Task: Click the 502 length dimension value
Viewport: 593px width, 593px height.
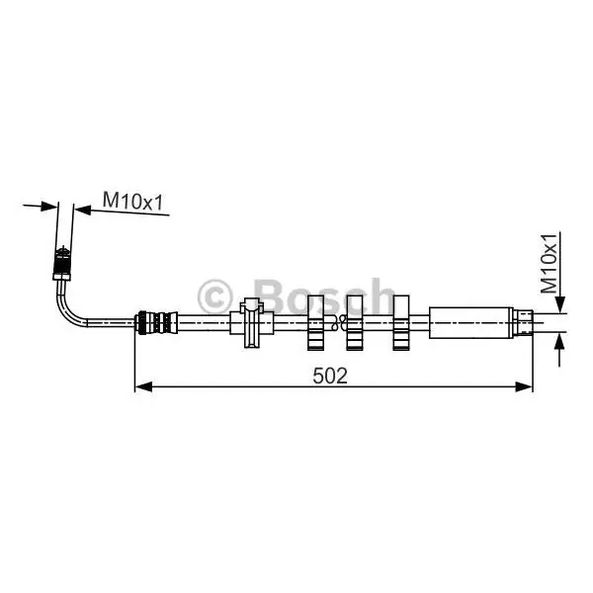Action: [330, 376]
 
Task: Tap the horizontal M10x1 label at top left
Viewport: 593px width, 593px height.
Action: [132, 201]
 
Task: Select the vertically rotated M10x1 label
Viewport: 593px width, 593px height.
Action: [549, 264]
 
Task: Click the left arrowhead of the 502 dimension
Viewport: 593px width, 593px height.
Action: [143, 386]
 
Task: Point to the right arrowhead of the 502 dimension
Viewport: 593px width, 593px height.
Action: [524, 386]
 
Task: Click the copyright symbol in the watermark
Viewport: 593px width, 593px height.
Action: [214, 296]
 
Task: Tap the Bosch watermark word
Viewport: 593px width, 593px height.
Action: [324, 296]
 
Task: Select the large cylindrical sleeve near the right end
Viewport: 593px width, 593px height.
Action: [470, 323]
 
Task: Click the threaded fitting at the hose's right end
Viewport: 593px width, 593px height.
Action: [523, 322]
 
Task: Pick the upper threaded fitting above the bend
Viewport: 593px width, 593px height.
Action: [62, 263]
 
